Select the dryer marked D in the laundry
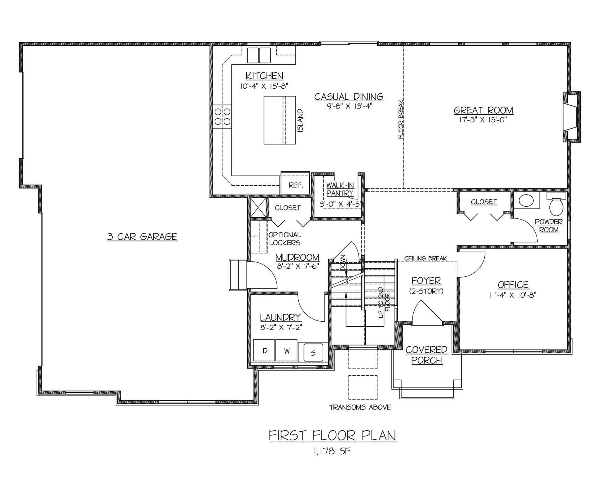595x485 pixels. click(x=264, y=351)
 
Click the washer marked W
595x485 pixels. click(x=287, y=351)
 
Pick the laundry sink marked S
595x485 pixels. click(x=313, y=353)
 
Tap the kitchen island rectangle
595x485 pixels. click(x=280, y=120)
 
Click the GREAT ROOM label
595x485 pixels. click(x=483, y=110)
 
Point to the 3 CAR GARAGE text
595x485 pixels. click(x=142, y=237)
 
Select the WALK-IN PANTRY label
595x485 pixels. click(x=340, y=189)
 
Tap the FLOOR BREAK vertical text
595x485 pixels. click(x=401, y=119)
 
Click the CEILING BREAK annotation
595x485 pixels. click(x=425, y=258)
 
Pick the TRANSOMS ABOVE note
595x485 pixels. click(x=360, y=407)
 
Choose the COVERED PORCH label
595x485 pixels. click(x=427, y=355)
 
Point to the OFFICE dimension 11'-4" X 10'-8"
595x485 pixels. click(x=513, y=295)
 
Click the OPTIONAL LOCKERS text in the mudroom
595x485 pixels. click(x=284, y=239)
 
